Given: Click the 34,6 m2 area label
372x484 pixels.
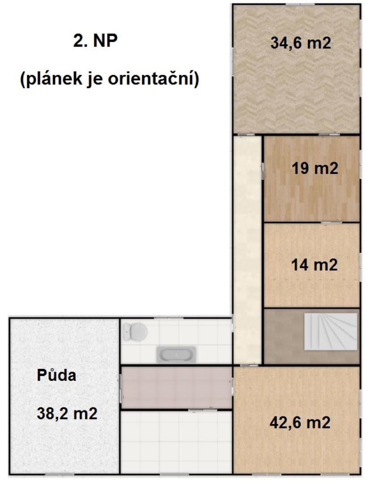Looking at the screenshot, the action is pos(300,43).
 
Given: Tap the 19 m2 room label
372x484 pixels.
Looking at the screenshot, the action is pos(315,169).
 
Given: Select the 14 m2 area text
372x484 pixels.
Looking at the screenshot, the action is pos(314,265).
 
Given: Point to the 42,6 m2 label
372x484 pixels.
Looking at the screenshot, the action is pos(300,422).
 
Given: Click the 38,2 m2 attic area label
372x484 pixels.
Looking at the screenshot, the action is pos(67,413).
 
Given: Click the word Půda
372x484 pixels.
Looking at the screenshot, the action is pos(56,376).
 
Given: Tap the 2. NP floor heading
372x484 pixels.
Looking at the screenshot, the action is pos(95,41).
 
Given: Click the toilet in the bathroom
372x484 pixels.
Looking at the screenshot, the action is pos(135,332).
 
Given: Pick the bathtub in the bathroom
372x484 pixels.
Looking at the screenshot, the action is pos(176,354).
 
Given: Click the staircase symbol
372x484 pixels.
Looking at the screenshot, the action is pos(331,332).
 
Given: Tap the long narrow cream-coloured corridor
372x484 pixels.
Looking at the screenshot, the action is pos(248,250).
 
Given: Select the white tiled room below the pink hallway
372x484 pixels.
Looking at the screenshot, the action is pos(176,441).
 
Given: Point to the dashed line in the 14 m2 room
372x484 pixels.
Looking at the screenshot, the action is pos(312,280).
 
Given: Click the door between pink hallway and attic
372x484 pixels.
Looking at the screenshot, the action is pos(120,387).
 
